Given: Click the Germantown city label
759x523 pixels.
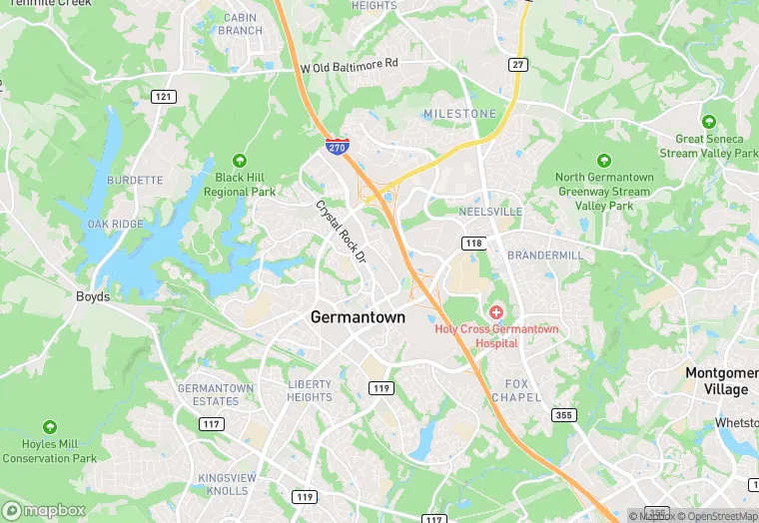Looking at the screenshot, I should (x=359, y=317).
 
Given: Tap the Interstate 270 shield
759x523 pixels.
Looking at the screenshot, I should (x=338, y=147).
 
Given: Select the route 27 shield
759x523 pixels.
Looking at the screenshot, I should (x=517, y=65).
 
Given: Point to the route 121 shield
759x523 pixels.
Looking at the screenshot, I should (x=164, y=97).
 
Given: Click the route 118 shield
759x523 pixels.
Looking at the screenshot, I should (x=473, y=244).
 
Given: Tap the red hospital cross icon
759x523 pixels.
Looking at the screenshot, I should (x=495, y=313).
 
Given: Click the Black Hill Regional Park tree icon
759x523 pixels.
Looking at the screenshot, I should (x=240, y=161).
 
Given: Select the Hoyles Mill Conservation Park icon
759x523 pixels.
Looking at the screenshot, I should (x=50, y=427).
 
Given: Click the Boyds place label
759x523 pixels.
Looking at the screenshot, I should (x=93, y=296).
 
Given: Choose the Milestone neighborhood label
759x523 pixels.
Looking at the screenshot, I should (x=459, y=114).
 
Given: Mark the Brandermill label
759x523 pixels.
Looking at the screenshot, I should (x=544, y=256).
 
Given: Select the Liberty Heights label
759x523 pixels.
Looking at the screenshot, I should (x=309, y=390).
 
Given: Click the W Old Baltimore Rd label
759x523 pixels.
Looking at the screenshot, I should (x=350, y=64).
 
